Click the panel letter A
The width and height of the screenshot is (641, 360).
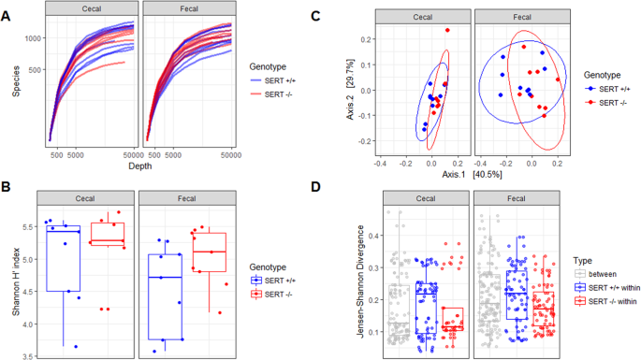pos(8,10)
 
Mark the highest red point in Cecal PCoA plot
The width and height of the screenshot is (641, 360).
pos(447,31)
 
